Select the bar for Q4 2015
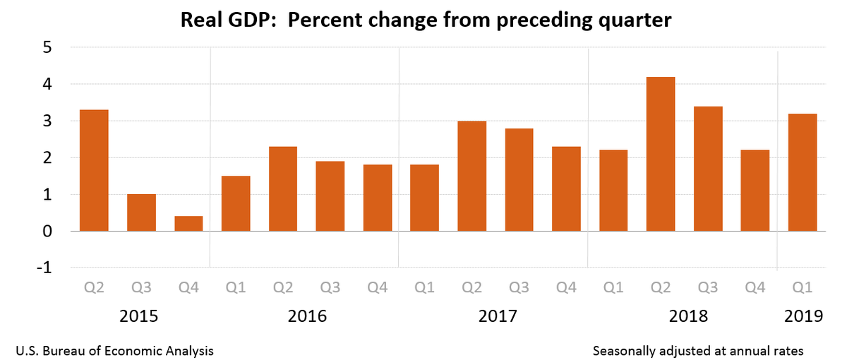(188, 223)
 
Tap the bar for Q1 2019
(803, 172)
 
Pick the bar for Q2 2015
(94, 170)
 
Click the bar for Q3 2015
(141, 212)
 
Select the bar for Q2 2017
(471, 176)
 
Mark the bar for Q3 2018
(708, 169)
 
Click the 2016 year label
(308, 316)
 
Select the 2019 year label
(803, 316)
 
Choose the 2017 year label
(497, 316)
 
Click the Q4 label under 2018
(755, 287)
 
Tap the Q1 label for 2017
(424, 287)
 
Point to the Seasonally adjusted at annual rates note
(698, 350)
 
